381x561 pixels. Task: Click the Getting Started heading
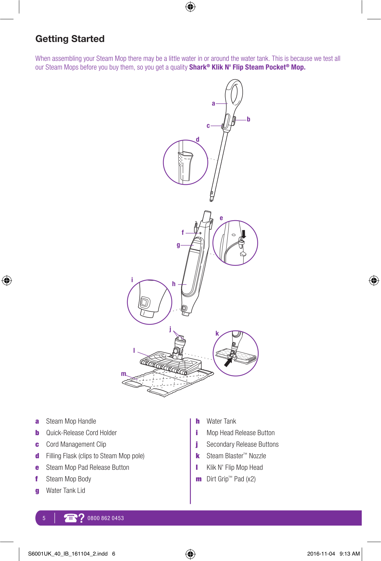(70, 39)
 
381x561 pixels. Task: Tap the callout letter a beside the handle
(213, 103)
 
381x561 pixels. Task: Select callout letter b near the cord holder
(248, 119)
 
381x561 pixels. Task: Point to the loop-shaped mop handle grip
(234, 93)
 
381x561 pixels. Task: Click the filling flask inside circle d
(185, 165)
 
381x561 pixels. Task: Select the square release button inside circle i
(145, 302)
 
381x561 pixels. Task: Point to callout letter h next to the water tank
(174, 284)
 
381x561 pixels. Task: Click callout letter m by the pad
(124, 374)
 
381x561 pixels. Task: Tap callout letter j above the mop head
(170, 329)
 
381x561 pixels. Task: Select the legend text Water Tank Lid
(65, 491)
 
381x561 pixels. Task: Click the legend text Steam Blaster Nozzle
(236, 456)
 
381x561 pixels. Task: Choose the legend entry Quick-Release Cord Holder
(81, 433)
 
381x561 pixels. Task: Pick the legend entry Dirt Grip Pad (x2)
(231, 479)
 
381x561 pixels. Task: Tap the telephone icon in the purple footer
(71, 518)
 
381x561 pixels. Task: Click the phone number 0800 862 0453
(105, 518)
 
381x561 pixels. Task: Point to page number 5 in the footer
(44, 518)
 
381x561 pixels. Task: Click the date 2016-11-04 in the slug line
(321, 554)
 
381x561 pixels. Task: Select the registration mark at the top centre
(190, 7)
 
